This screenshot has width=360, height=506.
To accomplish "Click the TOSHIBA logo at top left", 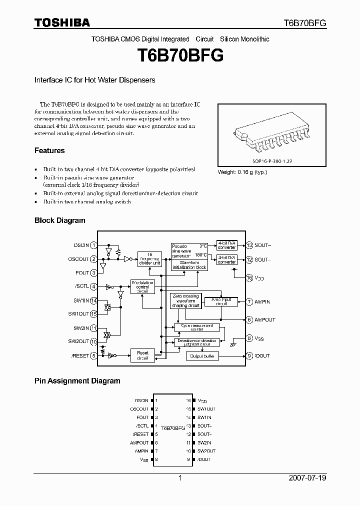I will pos(62,22).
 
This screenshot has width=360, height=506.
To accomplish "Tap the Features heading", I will pos(49,150).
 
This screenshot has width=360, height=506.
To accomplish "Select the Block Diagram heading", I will pos(59,220).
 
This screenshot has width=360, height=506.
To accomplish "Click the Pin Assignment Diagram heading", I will pos(77,380).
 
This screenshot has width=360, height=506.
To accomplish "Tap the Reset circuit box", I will pos(142,355).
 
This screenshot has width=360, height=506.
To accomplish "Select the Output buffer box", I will pos(202,356).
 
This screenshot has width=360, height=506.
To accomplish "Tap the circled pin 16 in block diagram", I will pos(249,277).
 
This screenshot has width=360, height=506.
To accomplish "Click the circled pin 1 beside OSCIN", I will pos(93,245).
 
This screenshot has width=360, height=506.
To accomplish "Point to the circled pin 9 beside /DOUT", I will pos(249,356).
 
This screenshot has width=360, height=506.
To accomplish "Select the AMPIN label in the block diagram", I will pos(262,301).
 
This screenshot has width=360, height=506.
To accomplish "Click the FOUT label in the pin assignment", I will pos(142,417).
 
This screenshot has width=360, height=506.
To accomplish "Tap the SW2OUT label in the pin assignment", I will pos(206,451).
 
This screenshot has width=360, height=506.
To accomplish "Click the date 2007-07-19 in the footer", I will pos(307,478).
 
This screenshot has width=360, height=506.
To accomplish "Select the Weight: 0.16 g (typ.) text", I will pos(242,172).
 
